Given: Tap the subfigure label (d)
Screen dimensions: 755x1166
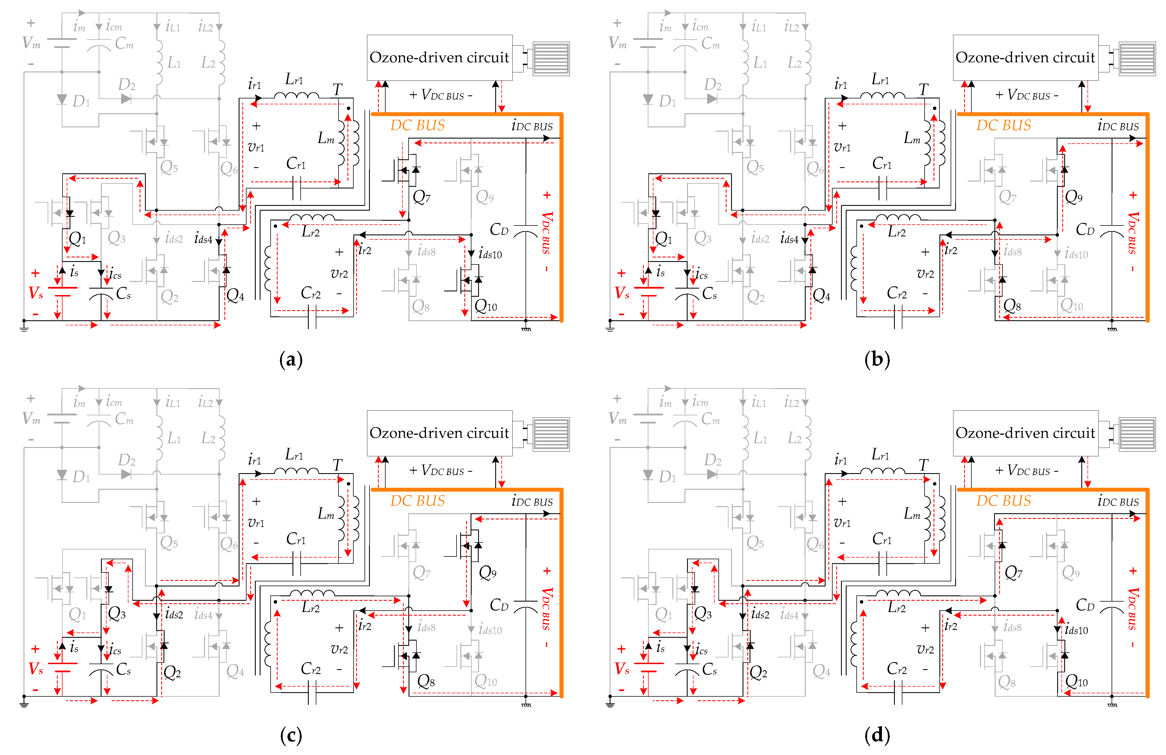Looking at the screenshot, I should pyautogui.click(x=877, y=735).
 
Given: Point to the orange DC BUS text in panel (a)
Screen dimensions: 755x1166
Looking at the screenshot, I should pyautogui.click(x=417, y=125).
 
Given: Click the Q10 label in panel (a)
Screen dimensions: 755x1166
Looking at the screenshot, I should pyautogui.click(x=485, y=306).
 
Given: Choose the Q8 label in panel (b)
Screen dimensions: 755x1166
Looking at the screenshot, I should pyautogui.click(x=1012, y=306).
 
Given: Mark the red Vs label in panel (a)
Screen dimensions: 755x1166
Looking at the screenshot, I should pyautogui.click(x=36, y=293).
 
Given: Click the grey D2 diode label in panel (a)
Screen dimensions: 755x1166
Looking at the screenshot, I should pyautogui.click(x=126, y=85).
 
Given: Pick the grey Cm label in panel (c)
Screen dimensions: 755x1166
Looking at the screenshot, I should pyautogui.click(x=124, y=419).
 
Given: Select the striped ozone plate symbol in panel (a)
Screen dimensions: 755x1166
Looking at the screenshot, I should pyautogui.click(x=551, y=58).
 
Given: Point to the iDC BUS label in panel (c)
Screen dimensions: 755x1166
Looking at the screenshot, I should pyautogui.click(x=532, y=502).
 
